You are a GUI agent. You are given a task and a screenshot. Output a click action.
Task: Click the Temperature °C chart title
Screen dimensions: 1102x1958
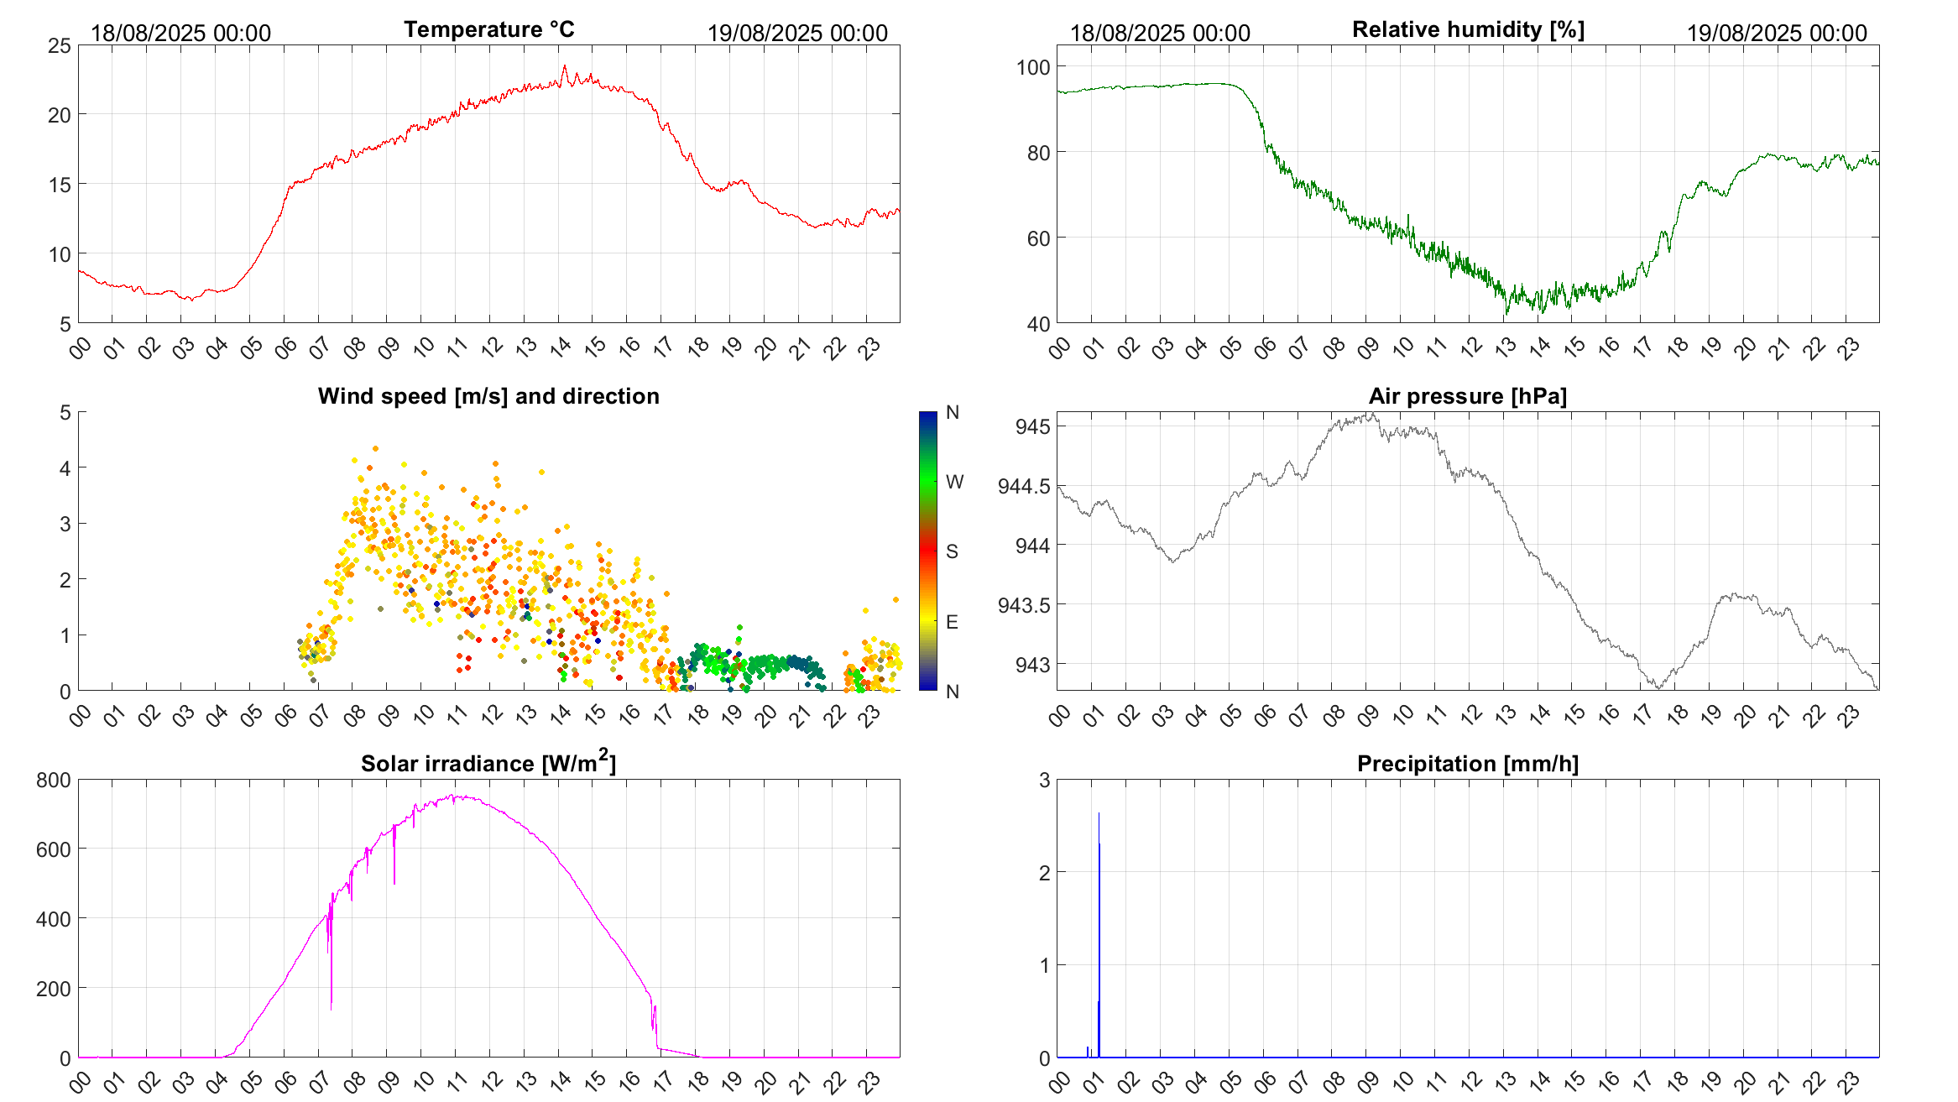[x=488, y=29]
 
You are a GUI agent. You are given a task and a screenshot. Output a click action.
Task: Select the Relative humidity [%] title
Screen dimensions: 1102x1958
[x=1468, y=29]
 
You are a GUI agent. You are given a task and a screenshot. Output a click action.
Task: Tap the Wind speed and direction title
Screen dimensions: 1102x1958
[x=488, y=396]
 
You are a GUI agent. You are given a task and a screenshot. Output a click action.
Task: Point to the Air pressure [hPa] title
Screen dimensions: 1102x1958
[x=1468, y=396]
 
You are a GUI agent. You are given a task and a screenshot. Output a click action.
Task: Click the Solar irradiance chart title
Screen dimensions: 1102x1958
[x=488, y=763]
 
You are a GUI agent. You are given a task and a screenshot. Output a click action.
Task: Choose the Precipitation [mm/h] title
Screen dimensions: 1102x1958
[x=1468, y=764]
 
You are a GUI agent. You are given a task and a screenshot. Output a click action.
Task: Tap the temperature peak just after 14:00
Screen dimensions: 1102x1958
[x=564, y=67]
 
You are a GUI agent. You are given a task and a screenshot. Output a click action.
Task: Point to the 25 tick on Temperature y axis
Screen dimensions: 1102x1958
[x=60, y=45]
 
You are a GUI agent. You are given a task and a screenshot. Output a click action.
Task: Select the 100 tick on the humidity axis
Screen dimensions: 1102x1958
[x=1032, y=67]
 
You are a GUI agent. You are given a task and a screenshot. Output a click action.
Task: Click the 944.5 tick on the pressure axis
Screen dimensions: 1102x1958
[x=1023, y=486]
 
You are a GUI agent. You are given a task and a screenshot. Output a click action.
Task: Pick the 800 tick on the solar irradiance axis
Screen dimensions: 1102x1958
[x=54, y=781]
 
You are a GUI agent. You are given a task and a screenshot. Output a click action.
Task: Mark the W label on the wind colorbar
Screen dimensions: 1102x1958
[x=954, y=482]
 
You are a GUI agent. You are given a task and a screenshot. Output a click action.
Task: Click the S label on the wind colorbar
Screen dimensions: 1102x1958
[x=952, y=551]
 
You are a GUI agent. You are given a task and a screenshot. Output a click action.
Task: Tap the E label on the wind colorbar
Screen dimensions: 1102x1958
[x=952, y=622]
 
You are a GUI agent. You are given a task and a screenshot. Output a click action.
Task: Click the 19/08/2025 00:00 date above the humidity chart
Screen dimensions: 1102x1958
[x=1777, y=33]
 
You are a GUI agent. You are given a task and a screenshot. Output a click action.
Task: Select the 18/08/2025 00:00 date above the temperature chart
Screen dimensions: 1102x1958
[x=180, y=33]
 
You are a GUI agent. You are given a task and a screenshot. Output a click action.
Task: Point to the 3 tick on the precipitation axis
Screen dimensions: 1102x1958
[x=1044, y=781]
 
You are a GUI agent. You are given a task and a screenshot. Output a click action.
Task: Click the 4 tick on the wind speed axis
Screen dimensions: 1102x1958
[x=65, y=468]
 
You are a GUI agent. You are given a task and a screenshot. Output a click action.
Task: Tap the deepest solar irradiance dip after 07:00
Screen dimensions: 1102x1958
[x=332, y=1007]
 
